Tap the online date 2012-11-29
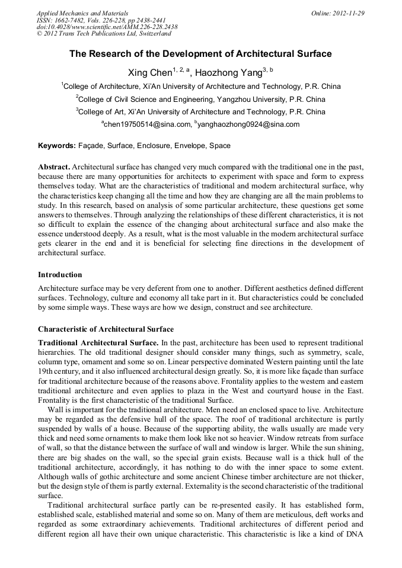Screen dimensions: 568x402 tap(346, 13)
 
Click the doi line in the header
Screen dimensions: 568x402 tap(107, 27)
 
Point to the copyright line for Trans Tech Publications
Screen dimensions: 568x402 tap(104, 34)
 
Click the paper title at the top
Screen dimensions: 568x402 tap(200, 54)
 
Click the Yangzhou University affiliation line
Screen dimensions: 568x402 tap(200, 99)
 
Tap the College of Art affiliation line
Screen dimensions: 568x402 tap(200, 111)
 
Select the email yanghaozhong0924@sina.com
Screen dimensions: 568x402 tap(248, 124)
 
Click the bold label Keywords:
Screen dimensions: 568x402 tap(57, 146)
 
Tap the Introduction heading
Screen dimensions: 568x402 tap(60, 275)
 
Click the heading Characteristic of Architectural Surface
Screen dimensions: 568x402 tap(106, 329)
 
